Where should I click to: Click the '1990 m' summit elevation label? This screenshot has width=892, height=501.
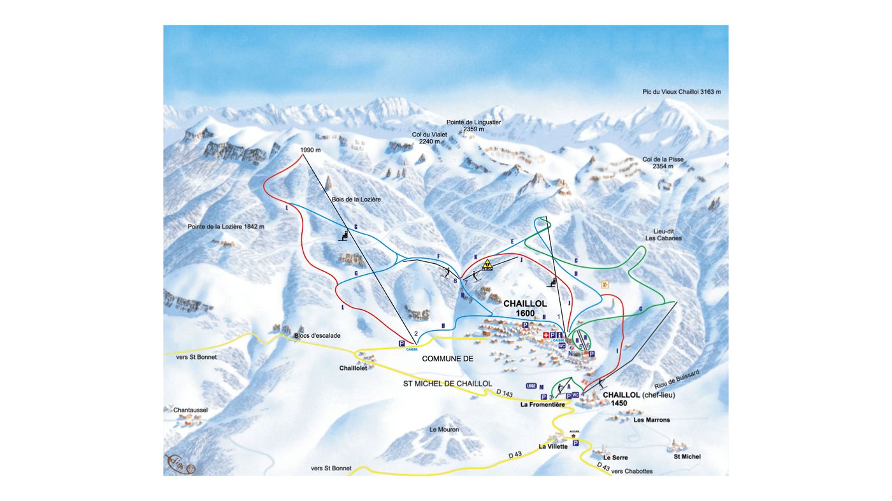point(310,150)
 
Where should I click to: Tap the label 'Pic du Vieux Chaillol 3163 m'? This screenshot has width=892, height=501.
point(681,92)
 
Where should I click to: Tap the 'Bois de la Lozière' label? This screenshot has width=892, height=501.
point(356,200)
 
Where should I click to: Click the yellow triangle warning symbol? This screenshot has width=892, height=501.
point(487,265)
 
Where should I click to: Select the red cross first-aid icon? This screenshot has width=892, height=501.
point(546,335)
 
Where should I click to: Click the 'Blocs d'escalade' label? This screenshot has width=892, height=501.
point(317,335)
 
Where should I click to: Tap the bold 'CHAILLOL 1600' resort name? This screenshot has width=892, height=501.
point(525,309)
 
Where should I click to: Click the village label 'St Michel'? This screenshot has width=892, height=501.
point(687,456)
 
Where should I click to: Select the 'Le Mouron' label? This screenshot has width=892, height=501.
point(444,430)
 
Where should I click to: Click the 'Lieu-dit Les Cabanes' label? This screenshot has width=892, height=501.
point(663,235)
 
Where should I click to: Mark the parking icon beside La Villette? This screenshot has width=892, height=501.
point(575,443)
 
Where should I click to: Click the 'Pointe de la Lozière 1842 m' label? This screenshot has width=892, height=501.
point(226,226)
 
